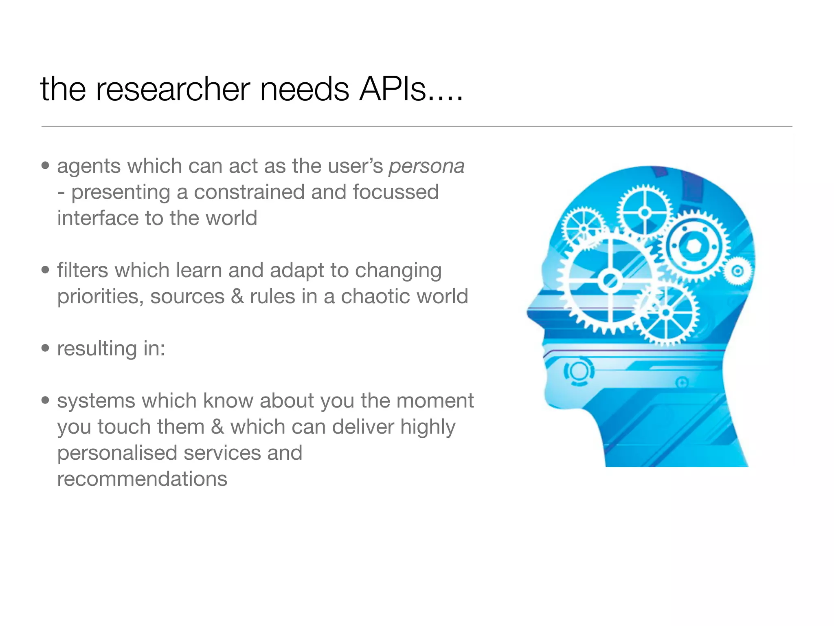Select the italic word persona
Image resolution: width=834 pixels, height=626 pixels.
click(426, 166)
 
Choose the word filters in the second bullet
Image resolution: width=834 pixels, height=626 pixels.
click(80, 270)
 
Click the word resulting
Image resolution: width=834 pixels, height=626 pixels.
click(97, 349)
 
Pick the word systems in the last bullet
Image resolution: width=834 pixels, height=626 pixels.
click(96, 401)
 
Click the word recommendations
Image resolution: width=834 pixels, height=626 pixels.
click(142, 479)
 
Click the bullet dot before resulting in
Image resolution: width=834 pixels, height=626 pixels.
click(45, 348)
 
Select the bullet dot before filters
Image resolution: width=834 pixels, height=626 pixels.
click(45, 270)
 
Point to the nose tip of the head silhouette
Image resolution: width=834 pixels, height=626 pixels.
click(528, 313)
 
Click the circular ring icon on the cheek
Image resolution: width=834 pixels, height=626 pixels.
click(578, 370)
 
